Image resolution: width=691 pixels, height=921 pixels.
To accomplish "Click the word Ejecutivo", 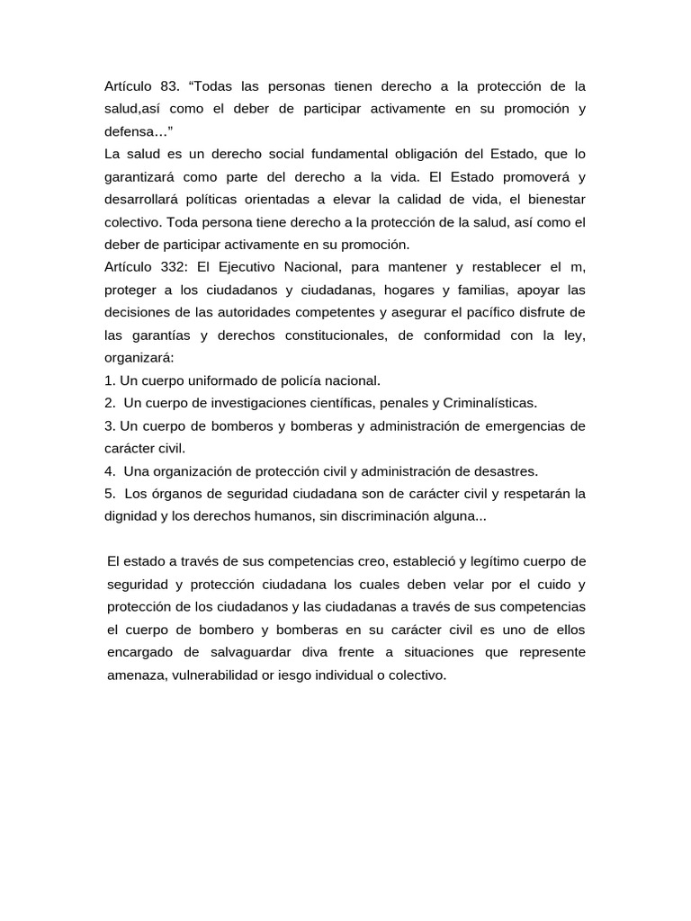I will click(x=256, y=267).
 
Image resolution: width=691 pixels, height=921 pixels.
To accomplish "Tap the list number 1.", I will click(x=109, y=380).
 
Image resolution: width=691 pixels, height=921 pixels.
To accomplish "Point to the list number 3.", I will click(x=109, y=425).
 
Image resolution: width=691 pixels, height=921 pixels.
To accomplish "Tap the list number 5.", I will click(x=109, y=494).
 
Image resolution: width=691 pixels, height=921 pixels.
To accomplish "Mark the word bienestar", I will click(x=552, y=199).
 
